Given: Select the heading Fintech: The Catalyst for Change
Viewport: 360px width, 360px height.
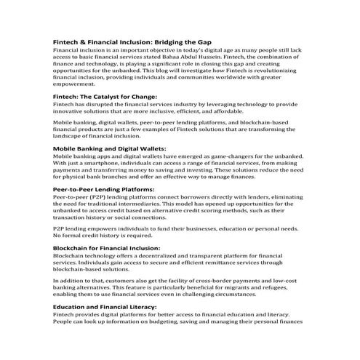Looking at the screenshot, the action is pos(105,97).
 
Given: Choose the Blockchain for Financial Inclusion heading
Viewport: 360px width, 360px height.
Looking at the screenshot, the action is pos(116,249).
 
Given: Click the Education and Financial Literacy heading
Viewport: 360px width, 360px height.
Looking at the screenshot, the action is pos(116,308).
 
